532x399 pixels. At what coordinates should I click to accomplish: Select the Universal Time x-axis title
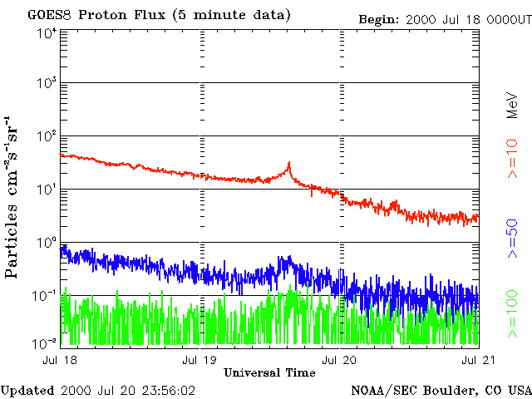click(269, 372)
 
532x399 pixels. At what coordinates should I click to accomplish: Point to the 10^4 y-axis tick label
click(46, 33)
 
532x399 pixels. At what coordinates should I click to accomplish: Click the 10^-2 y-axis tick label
click(46, 342)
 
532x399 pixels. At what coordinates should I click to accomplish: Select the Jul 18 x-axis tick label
click(61, 360)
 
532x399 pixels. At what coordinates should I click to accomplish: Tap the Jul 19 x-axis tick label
click(200, 360)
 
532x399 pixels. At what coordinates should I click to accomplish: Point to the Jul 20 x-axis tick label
click(339, 360)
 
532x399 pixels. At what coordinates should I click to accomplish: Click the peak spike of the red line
click(288, 163)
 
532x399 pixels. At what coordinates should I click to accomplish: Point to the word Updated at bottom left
click(27, 390)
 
